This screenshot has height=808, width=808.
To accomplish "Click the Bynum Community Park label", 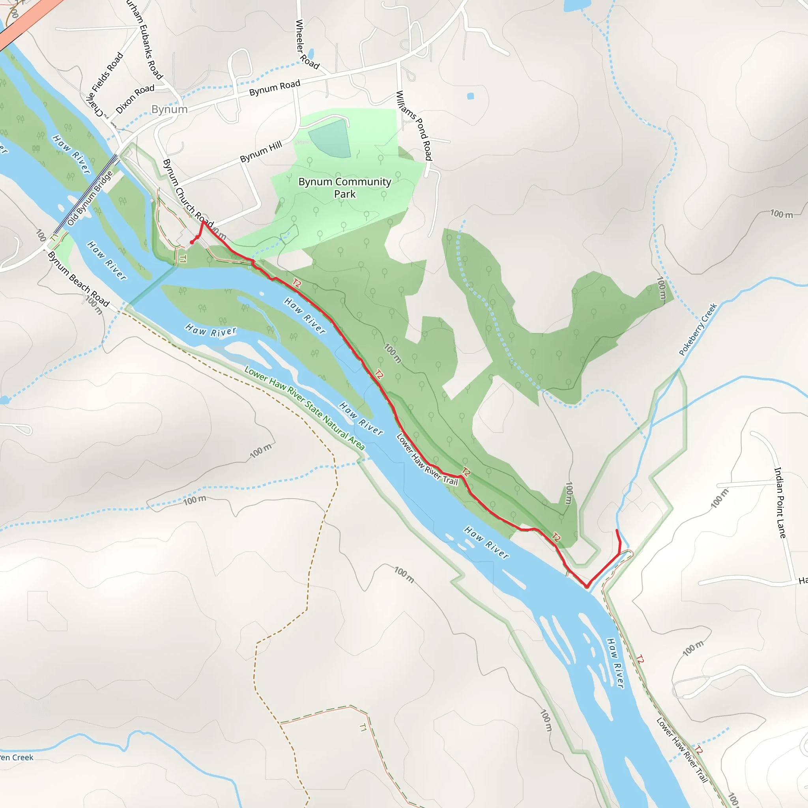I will pos(344,188).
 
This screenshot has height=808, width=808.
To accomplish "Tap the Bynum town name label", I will pos(169,110).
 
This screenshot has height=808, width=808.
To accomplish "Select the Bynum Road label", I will pos(275,88).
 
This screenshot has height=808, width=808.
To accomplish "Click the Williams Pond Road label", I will pos(413,125).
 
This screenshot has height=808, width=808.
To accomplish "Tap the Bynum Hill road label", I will pos(261,152).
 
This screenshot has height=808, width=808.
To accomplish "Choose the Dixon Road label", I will pos(135,99).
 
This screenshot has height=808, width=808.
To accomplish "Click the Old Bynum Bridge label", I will pos(90,199).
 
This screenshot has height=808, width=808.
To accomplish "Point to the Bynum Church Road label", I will pos(188,192).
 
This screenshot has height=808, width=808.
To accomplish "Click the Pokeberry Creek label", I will pos(698,329).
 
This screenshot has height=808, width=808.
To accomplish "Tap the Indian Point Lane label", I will pos(780,502).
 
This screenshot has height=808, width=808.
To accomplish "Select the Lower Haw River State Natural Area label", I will pos(305,408).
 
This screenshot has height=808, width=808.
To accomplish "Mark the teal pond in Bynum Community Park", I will pos(331,139).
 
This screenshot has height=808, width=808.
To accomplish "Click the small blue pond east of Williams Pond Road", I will pos(471,96).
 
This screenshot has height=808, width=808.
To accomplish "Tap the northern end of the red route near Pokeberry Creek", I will pos(617,531).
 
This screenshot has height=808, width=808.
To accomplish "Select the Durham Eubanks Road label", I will pos(145,40).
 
